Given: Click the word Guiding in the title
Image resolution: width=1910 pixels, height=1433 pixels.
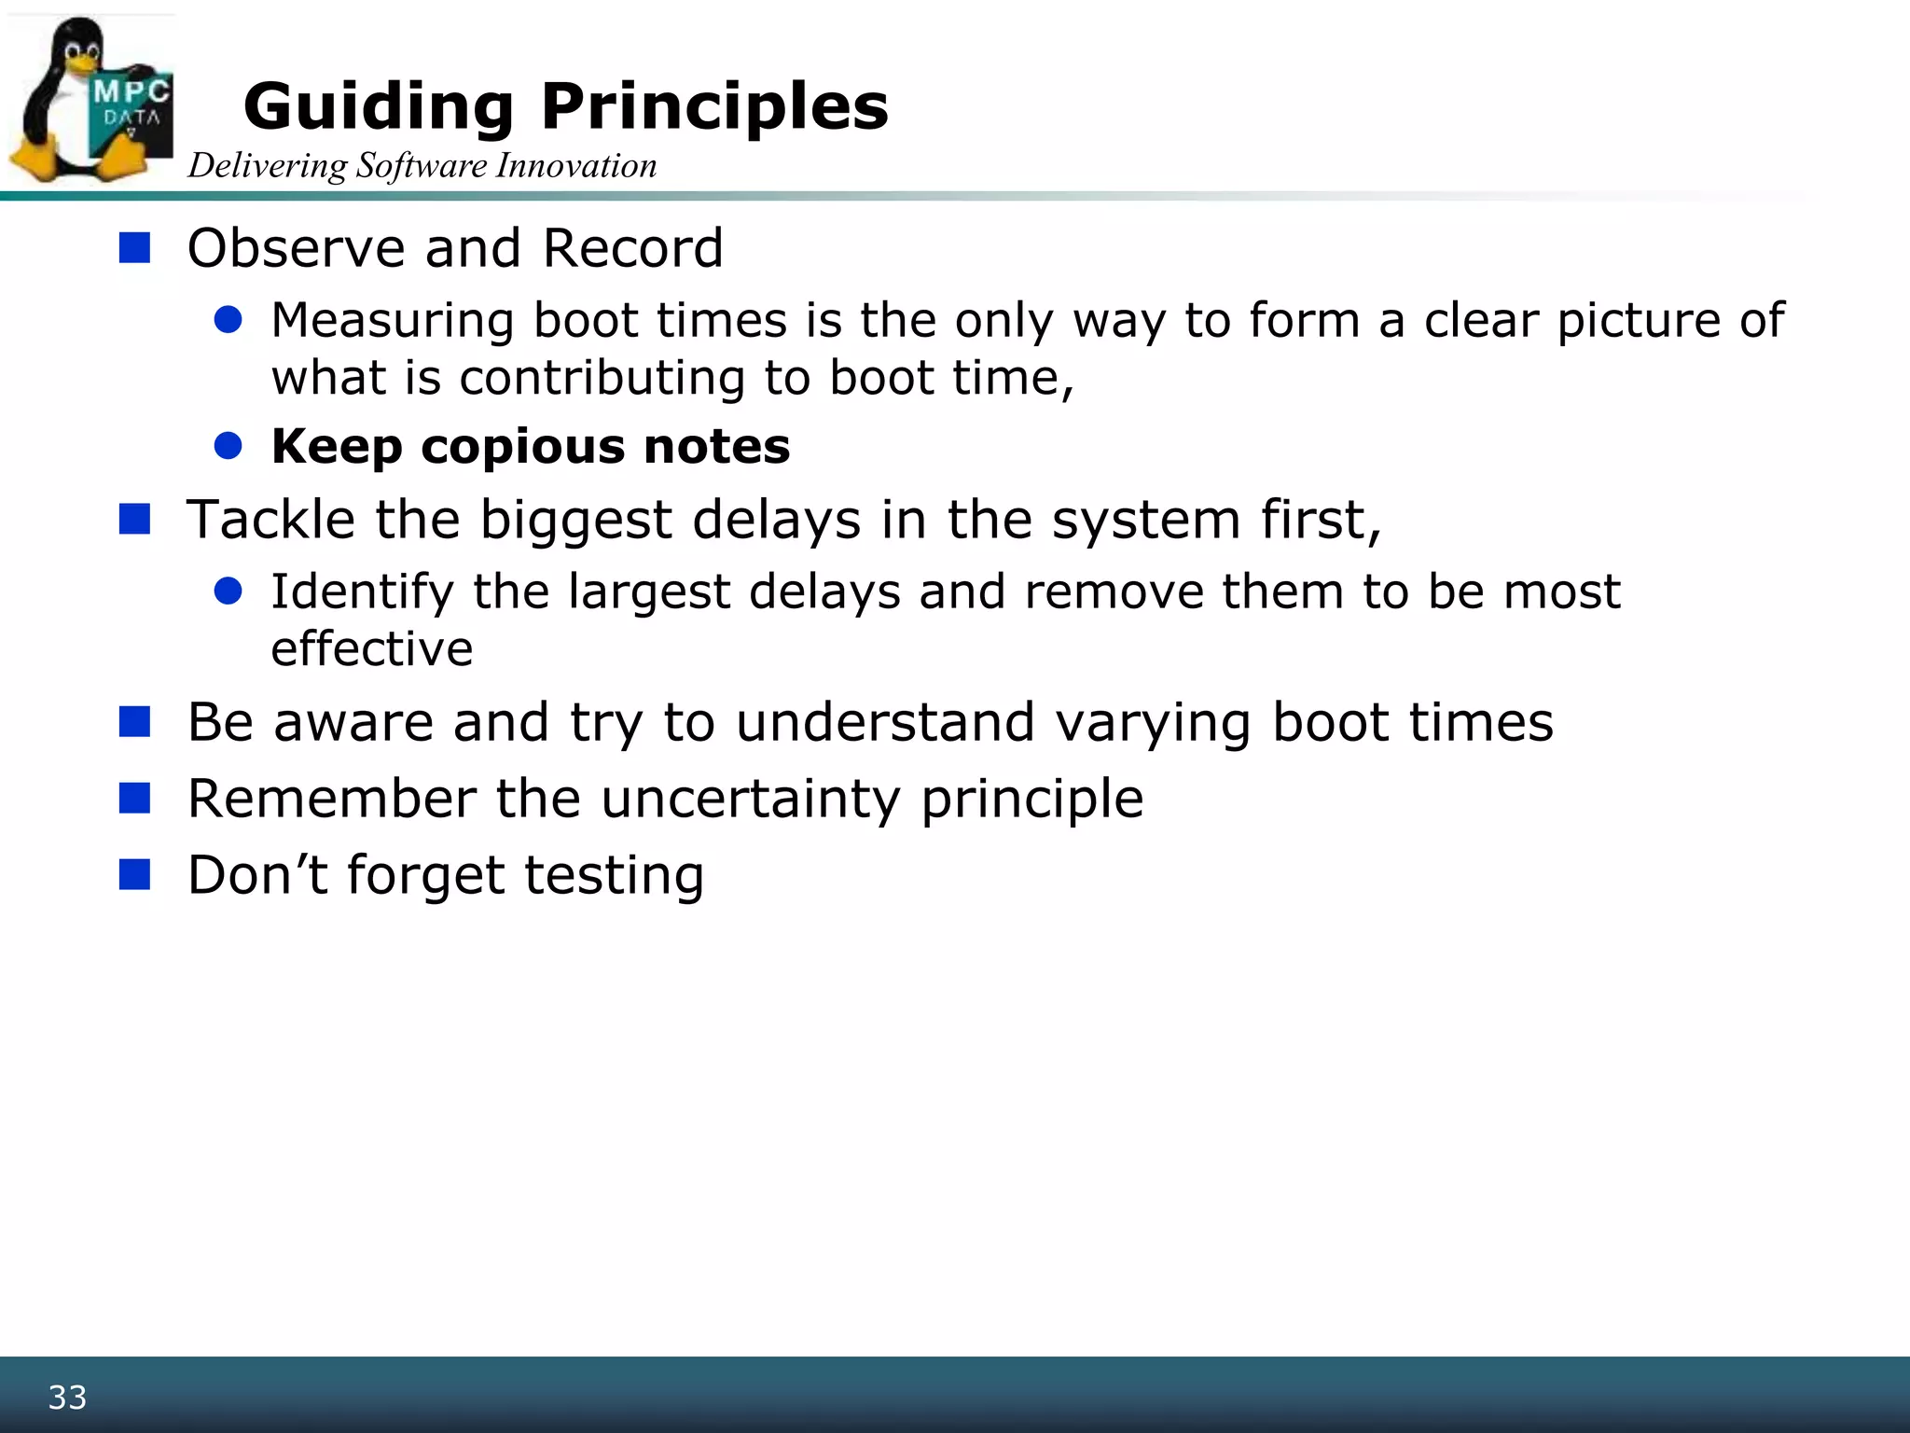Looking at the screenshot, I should click(x=378, y=106).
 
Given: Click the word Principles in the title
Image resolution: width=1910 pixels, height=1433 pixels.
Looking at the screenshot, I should click(x=714, y=106).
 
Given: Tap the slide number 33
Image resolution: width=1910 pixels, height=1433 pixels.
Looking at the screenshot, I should click(x=67, y=1397).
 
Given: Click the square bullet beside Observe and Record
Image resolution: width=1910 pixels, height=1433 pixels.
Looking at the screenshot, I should click(x=135, y=248).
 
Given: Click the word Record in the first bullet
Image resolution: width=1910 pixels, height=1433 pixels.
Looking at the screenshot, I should click(x=632, y=248).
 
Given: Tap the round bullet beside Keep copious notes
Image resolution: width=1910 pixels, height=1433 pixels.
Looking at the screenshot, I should click(x=228, y=446).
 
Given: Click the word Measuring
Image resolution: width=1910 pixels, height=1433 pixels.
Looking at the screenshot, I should click(x=392, y=320).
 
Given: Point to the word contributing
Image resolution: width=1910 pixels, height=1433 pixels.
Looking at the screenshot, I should click(x=602, y=378).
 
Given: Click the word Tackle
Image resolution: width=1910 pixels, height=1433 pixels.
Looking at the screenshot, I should click(x=270, y=519).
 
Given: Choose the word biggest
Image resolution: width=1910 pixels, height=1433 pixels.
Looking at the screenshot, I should click(x=575, y=521).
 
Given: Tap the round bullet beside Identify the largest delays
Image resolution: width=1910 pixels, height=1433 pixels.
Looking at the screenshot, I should click(x=228, y=591).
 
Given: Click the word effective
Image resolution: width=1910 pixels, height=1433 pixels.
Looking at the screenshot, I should click(x=371, y=648).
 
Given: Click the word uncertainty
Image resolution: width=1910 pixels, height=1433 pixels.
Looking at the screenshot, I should click(x=750, y=799).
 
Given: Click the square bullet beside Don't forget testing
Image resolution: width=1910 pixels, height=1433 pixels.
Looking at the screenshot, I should click(x=135, y=875).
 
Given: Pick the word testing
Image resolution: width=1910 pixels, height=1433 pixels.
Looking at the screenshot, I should click(x=613, y=876).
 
